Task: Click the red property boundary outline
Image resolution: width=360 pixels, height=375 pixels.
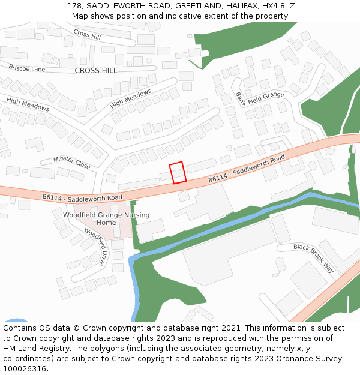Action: point(178,173)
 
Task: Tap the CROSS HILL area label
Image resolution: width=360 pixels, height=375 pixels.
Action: point(96,70)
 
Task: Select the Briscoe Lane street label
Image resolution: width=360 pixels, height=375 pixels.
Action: point(27,68)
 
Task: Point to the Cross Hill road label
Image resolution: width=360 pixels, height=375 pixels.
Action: point(87,35)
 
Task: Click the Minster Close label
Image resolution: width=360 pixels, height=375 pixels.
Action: point(71,162)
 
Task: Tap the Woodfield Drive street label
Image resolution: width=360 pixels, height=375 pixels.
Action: point(95,246)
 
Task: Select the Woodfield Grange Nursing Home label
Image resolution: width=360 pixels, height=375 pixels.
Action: point(106,219)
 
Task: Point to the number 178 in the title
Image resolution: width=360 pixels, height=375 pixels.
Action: point(74,5)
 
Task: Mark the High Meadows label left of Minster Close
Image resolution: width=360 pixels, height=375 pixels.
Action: point(28,103)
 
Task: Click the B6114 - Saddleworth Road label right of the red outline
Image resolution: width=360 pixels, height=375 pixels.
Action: point(247,169)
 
